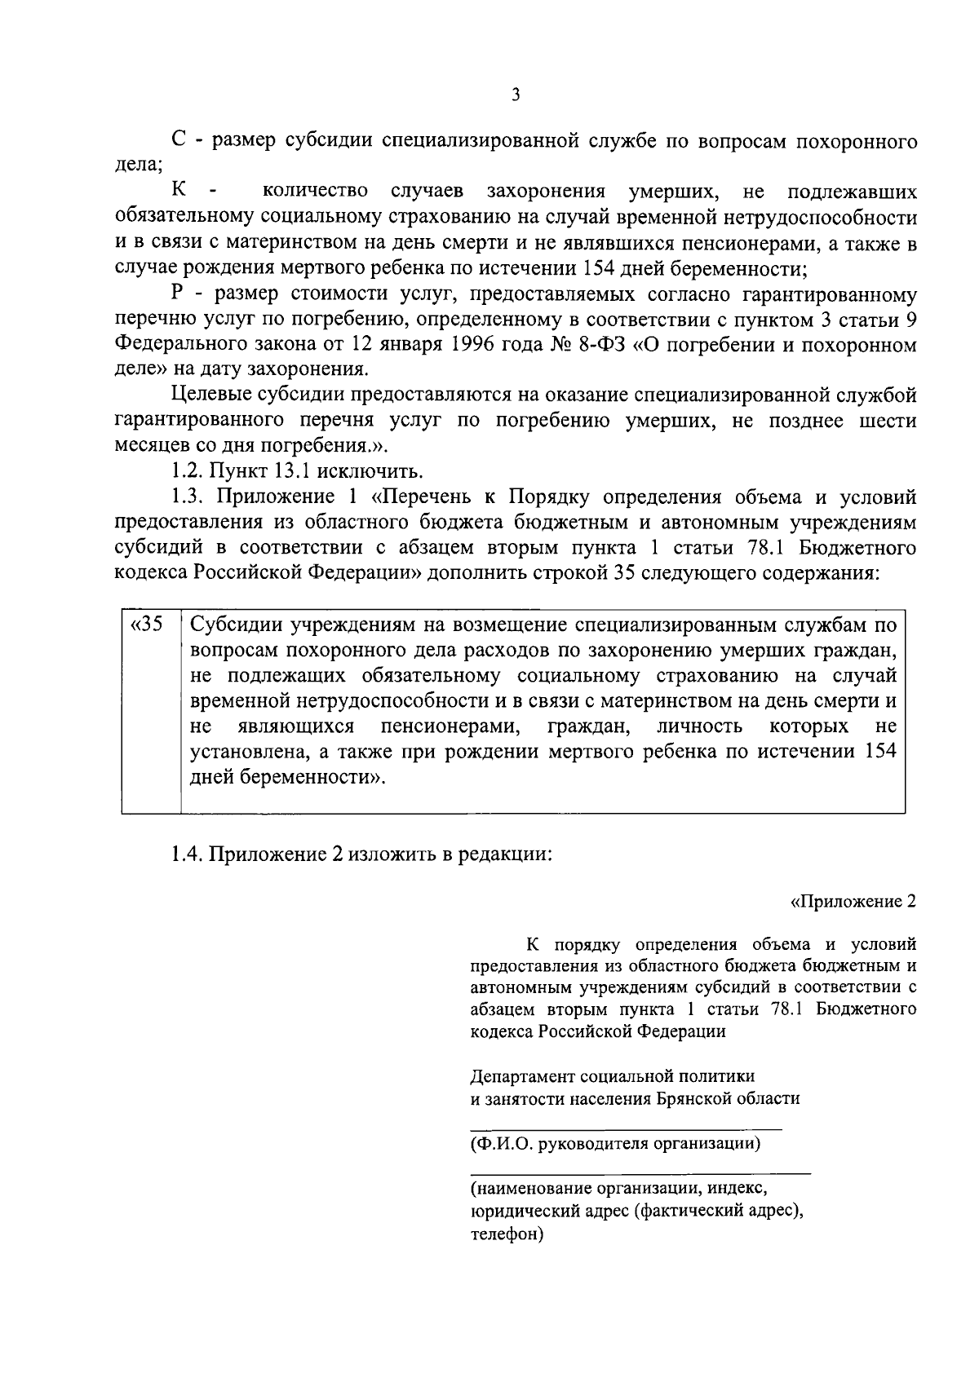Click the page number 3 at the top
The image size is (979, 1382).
515,95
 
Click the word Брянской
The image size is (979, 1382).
695,1098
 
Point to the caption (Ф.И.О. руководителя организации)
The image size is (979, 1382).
616,1143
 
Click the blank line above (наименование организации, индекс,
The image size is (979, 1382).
640,1172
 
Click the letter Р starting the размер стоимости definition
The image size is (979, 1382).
179,294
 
